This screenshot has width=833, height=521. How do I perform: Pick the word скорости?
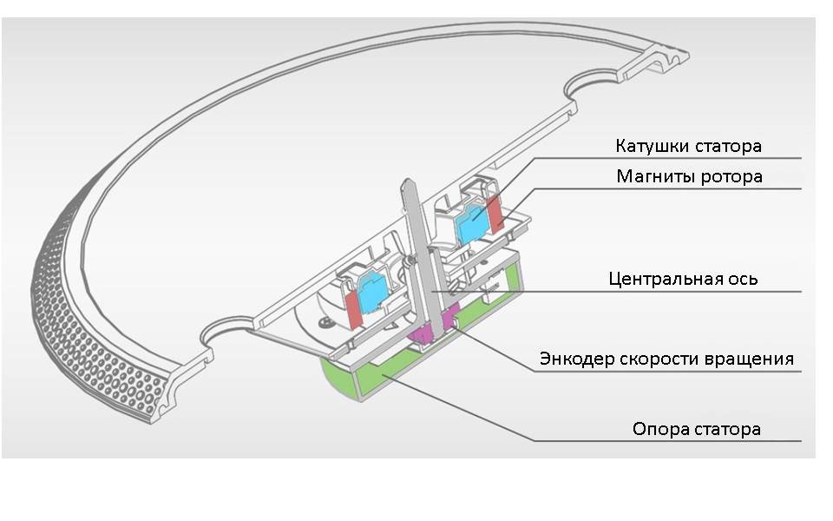coord(667,358)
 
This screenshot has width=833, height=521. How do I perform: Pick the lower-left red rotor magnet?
coord(355,309)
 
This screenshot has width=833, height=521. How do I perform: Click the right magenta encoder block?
coord(450,320)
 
